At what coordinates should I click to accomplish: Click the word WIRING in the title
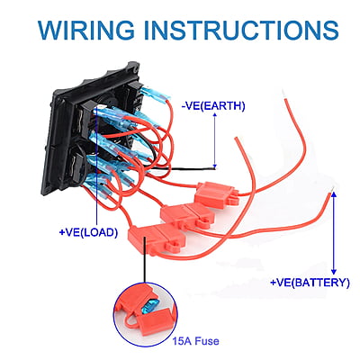86,30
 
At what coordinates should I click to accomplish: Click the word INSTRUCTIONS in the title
242,30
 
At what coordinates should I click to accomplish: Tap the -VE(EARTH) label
213,106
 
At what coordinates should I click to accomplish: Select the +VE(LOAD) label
88,232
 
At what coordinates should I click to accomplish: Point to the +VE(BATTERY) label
310,283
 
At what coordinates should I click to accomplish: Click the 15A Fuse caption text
195,341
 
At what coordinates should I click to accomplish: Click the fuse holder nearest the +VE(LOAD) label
156,238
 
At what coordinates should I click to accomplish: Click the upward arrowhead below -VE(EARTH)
215,115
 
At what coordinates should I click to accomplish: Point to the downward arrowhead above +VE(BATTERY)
334,272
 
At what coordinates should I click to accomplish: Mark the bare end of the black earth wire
213,169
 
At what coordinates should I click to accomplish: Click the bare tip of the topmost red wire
283,94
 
